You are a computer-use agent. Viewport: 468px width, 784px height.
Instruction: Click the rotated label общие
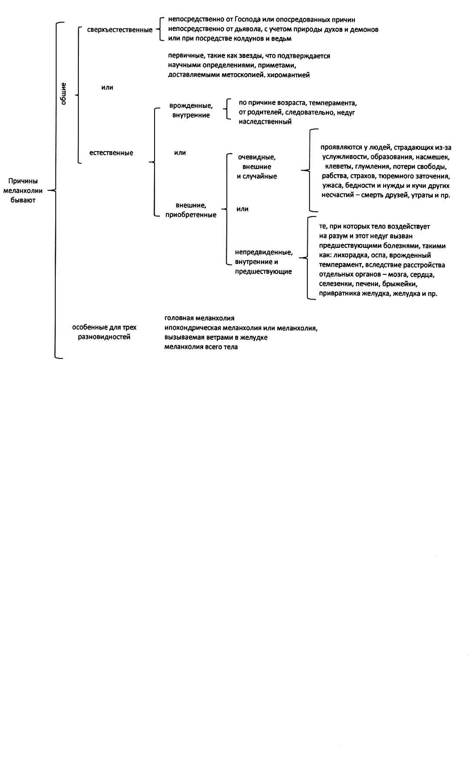click(x=64, y=94)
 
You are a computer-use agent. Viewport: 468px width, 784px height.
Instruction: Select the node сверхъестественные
click(x=120, y=30)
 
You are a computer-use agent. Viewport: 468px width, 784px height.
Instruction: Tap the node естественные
click(x=111, y=153)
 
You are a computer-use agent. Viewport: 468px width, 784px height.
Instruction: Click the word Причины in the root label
click(x=23, y=181)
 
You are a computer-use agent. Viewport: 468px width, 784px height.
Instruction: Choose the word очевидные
click(x=257, y=157)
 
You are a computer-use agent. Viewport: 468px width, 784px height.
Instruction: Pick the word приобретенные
click(x=191, y=215)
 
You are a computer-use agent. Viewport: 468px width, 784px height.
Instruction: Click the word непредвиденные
click(x=264, y=253)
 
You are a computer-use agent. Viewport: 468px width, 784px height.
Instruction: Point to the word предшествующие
click(x=263, y=272)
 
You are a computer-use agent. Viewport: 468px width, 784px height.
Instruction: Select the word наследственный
click(x=265, y=122)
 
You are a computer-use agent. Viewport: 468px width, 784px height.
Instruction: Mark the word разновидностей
click(x=104, y=337)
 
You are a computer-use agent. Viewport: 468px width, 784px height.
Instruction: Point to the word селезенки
click(x=335, y=284)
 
